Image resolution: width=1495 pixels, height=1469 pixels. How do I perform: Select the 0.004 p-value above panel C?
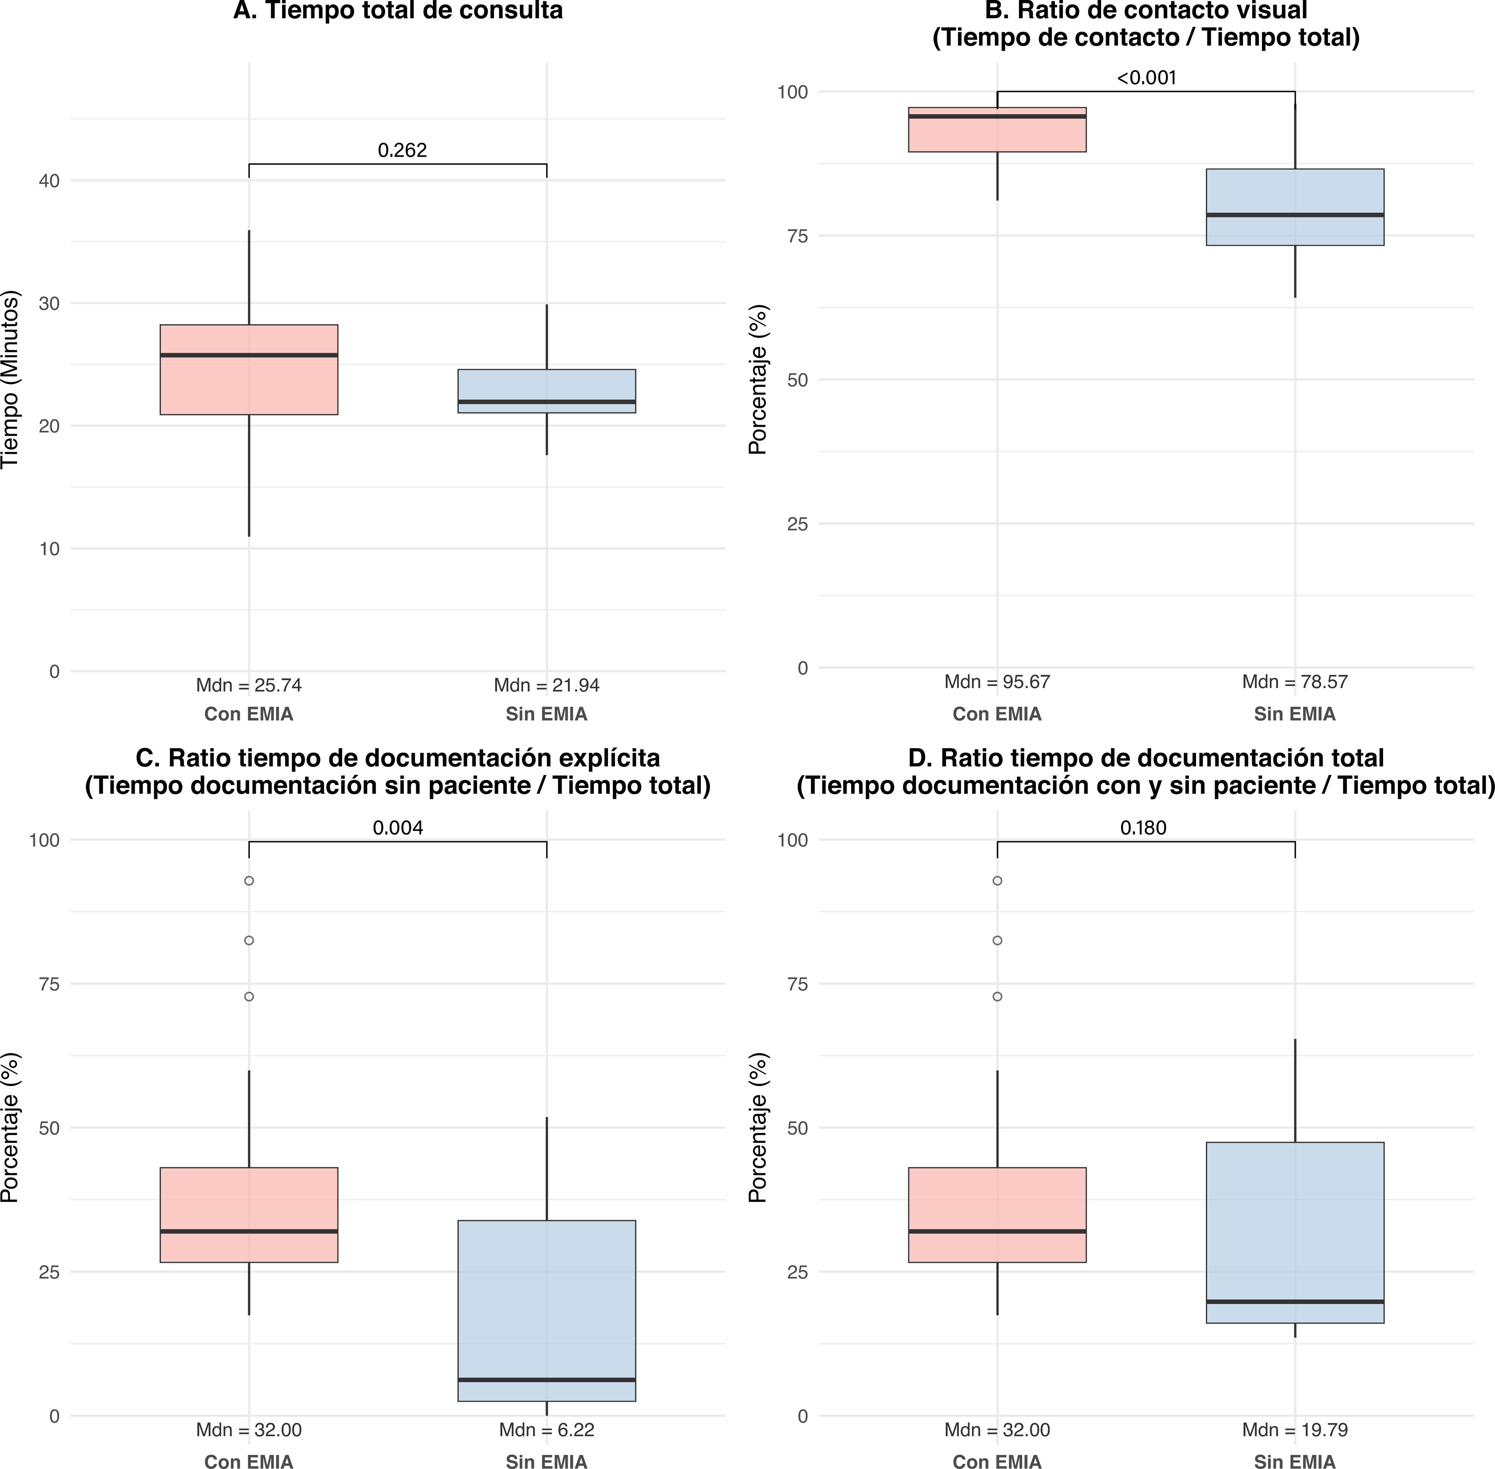[398, 828]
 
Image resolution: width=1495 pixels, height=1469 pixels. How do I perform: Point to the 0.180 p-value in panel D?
[1143, 828]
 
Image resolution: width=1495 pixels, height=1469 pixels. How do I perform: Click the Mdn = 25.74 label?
[249, 685]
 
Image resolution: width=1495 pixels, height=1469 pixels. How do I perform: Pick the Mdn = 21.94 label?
[547, 685]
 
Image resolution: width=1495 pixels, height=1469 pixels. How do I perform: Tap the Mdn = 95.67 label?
[997, 682]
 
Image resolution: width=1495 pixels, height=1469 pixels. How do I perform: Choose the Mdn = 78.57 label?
[1295, 682]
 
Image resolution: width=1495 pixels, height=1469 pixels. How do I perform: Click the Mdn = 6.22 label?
[547, 1430]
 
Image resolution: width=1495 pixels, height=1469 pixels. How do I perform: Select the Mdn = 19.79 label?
[1295, 1430]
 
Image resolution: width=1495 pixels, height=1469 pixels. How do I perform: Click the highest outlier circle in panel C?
[249, 880]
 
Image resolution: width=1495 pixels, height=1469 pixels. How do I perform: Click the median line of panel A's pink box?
[249, 355]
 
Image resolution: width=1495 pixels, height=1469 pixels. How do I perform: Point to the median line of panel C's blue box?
[547, 1379]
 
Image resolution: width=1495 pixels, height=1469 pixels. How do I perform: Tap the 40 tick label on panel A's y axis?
[49, 181]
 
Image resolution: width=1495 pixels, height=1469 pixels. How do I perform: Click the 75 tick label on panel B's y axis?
[797, 235]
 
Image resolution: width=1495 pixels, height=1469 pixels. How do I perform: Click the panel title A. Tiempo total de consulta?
[398, 11]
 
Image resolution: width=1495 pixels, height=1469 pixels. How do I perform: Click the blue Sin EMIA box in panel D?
[1295, 1232]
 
